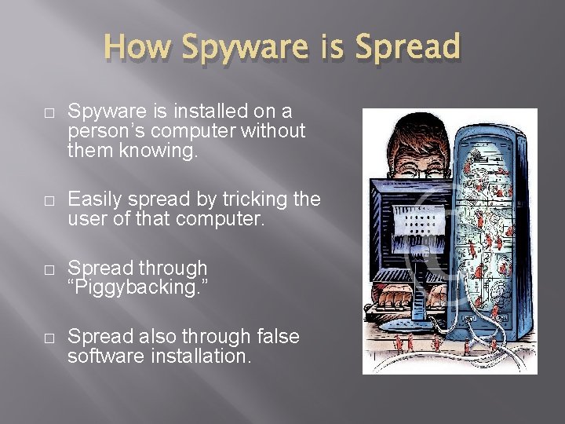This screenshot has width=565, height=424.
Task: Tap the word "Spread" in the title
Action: coord(407,47)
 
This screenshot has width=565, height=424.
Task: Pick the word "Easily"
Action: coord(93,199)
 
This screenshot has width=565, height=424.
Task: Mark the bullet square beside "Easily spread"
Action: coord(49,200)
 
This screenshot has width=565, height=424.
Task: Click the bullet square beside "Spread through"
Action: coord(49,269)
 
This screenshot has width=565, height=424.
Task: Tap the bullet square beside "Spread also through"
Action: coord(49,338)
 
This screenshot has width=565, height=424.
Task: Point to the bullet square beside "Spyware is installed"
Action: coord(49,113)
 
